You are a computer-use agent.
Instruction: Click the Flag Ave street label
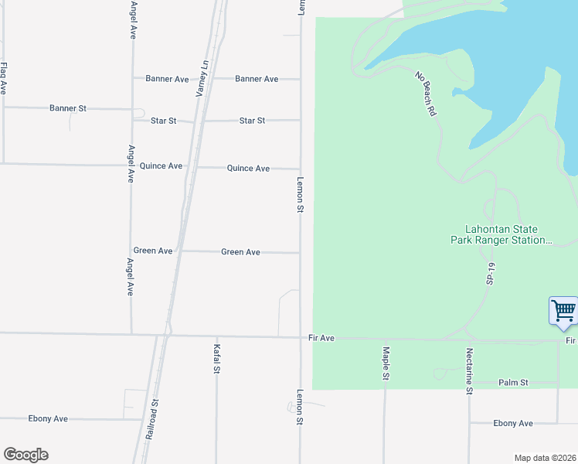pos(4,78)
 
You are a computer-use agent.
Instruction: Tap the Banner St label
pos(68,108)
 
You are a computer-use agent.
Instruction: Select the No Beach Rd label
pos(426,94)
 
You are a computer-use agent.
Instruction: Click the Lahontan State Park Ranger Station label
pos(501,235)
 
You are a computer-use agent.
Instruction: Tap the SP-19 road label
pos(490,272)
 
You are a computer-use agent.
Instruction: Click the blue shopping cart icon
pos(563,311)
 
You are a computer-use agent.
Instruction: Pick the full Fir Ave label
pos(321,338)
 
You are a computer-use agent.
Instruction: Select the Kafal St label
pos(217,360)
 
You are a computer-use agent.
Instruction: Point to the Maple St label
pos(385,363)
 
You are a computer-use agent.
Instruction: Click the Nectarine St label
pos(469,370)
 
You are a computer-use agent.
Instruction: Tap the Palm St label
pos(513,383)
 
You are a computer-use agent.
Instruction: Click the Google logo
pos(25,455)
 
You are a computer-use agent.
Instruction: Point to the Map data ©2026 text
pos(545,458)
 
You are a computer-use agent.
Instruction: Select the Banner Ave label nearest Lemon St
pos(257,79)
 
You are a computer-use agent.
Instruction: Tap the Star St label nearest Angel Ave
pos(164,121)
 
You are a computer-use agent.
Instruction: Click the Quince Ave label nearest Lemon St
pos(248,169)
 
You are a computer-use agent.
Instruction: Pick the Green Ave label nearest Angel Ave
pos(153,251)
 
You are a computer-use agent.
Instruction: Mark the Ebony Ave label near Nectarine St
pos(513,424)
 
